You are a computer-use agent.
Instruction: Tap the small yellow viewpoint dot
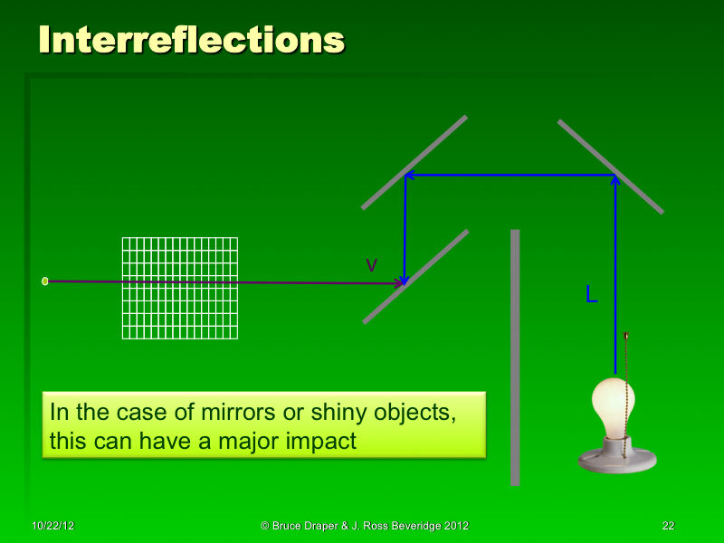click(x=45, y=281)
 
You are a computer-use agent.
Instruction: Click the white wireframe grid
click(x=180, y=288)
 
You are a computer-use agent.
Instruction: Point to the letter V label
click(x=371, y=264)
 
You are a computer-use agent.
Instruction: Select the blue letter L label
click(x=591, y=294)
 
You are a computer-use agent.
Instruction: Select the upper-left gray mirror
click(x=414, y=163)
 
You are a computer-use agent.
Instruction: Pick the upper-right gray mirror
click(x=610, y=167)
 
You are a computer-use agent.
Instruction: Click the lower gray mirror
click(x=415, y=277)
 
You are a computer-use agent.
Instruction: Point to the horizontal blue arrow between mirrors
click(x=510, y=175)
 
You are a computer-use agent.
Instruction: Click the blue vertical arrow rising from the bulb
click(x=615, y=271)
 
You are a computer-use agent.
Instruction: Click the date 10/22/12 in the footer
click(x=52, y=526)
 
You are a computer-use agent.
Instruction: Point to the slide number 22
click(x=669, y=526)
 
